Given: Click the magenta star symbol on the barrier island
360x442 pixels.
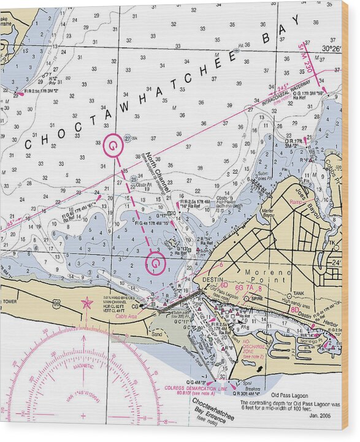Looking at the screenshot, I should [x=86, y=303].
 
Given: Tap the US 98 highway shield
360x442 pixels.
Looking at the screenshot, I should [x=56, y=303].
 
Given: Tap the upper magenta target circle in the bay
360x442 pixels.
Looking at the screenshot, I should [x=113, y=145].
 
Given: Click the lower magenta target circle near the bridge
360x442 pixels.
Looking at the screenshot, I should [x=156, y=263].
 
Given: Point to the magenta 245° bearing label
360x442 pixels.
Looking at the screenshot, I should [x=281, y=89].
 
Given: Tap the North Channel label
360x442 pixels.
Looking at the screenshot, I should [x=158, y=169].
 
